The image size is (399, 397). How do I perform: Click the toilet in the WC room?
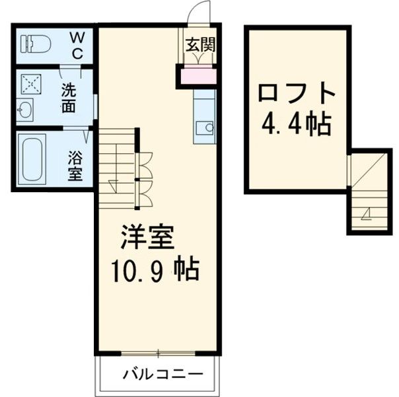(37, 44)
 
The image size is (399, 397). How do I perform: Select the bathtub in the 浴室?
(31, 159)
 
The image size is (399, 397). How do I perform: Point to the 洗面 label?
(69, 98)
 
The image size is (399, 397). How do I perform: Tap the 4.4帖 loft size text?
(295, 124)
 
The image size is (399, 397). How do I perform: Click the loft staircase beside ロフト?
(368, 191)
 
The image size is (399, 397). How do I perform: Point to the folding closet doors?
(144, 178)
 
